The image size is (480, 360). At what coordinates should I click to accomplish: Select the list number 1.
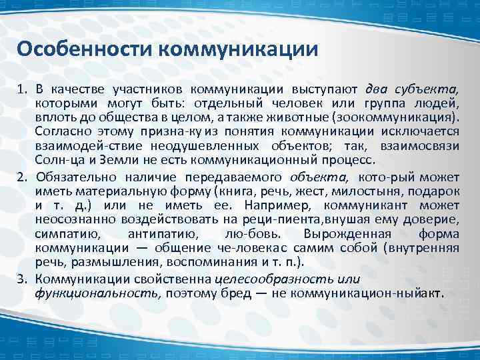point(21,89)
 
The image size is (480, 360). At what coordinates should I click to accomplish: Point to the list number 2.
point(21,177)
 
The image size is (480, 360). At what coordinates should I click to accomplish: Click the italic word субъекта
point(431,89)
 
